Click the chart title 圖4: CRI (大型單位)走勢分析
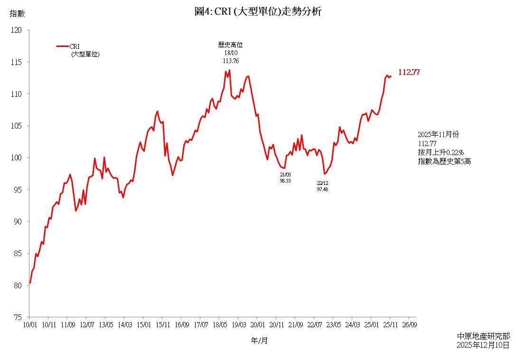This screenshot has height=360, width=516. [258, 12]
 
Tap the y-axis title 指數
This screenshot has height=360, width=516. [17, 14]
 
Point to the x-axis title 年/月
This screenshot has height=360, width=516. [259, 341]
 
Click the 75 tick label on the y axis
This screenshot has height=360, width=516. [17, 317]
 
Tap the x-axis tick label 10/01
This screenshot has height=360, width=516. [29, 325]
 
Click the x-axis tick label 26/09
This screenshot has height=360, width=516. [409, 325]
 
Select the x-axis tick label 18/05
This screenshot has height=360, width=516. [219, 325]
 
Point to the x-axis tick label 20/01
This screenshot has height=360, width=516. [257, 325]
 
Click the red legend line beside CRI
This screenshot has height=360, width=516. [63, 46]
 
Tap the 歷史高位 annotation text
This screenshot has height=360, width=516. [230, 45]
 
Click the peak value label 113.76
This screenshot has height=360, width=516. [230, 61]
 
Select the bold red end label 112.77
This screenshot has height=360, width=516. [409, 73]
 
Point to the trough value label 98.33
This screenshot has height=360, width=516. [285, 181]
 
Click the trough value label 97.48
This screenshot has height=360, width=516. [322, 189]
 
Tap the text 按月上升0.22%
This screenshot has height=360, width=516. [441, 152]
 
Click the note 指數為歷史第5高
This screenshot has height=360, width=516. [444, 161]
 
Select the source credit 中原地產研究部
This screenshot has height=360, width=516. [483, 336]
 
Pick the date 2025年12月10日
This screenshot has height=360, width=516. [483, 345]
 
